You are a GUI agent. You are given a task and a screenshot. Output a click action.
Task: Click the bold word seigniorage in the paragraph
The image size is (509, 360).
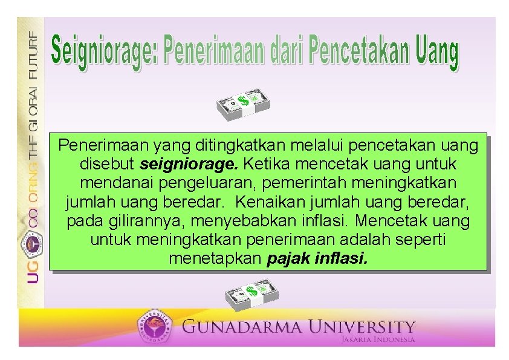click(x=190, y=165)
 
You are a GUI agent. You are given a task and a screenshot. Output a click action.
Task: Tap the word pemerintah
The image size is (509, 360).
click(x=336, y=183)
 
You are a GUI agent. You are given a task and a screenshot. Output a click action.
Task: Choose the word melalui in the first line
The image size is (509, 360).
click(x=318, y=146)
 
